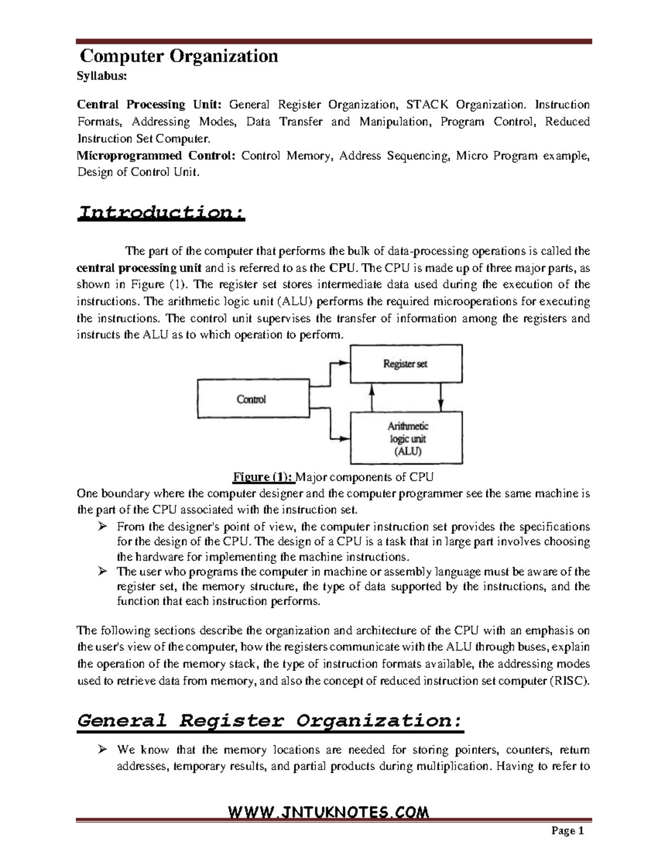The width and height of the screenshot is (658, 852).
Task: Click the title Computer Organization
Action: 179,56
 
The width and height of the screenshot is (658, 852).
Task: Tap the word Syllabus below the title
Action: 102,76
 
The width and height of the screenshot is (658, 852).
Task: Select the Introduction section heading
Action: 160,212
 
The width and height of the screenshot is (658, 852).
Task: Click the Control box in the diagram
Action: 252,399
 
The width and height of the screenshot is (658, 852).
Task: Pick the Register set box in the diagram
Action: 406,364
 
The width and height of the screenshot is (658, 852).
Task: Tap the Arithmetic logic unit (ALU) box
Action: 406,438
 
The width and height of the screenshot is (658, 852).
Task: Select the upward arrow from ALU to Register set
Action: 372,397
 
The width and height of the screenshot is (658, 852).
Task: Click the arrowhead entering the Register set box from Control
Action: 344,363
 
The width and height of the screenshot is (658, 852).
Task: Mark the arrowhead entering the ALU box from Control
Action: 344,438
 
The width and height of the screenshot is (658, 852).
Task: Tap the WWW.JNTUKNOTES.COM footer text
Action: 328,811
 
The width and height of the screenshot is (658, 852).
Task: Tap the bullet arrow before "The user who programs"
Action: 102,572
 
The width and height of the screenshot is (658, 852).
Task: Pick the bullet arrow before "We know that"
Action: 102,750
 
